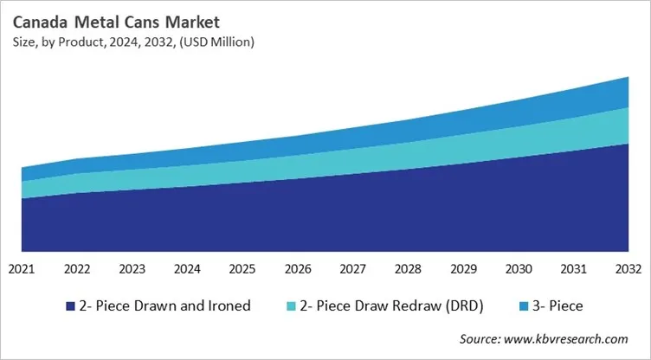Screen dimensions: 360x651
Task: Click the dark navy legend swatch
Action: coord(69,305)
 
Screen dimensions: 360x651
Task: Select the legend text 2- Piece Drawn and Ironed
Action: coord(164,305)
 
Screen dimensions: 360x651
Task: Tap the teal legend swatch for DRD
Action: coord(293,305)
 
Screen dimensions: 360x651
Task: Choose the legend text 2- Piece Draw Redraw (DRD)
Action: coord(392,305)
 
